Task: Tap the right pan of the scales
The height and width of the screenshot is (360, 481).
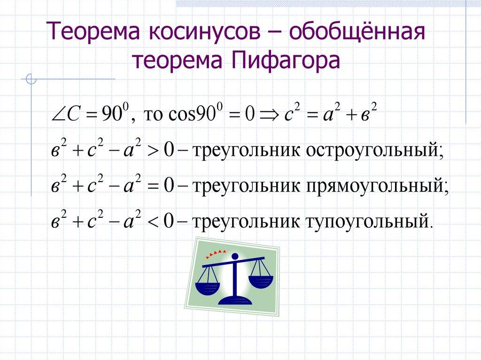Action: pyautogui.click(x=260, y=281)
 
